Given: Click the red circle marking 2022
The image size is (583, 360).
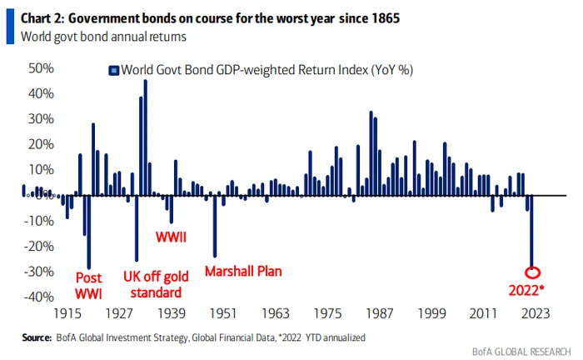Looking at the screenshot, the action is (532, 268).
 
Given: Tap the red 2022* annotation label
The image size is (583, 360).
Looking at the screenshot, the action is (526, 291).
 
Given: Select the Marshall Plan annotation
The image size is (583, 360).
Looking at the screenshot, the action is (243, 271).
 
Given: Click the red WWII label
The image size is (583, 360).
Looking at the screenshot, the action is (171, 237).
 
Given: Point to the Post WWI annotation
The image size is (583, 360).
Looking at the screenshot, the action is (88, 286).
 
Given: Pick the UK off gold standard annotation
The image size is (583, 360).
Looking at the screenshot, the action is (157, 284).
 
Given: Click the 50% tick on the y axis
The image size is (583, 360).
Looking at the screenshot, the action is (41, 68).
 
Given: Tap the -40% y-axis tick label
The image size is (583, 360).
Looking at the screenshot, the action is (39, 297).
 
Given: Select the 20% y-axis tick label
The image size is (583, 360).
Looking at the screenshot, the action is (41, 144).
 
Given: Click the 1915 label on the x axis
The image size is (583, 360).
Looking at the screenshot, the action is (67, 313).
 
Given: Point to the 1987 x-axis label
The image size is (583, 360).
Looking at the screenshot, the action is (379, 313).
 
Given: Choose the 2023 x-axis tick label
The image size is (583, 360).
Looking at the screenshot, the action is (536, 313).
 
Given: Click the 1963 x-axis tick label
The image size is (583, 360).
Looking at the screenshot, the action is (276, 313).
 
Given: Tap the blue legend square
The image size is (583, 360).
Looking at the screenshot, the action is (114, 70).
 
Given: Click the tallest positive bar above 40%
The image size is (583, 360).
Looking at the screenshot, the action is (146, 137).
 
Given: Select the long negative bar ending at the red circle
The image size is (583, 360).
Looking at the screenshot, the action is (531, 232).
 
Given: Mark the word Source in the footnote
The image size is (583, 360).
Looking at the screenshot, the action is (37, 337).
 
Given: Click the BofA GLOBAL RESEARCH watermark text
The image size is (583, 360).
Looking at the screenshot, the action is (521, 352).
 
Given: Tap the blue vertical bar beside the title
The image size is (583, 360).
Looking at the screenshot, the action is (10, 27).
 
